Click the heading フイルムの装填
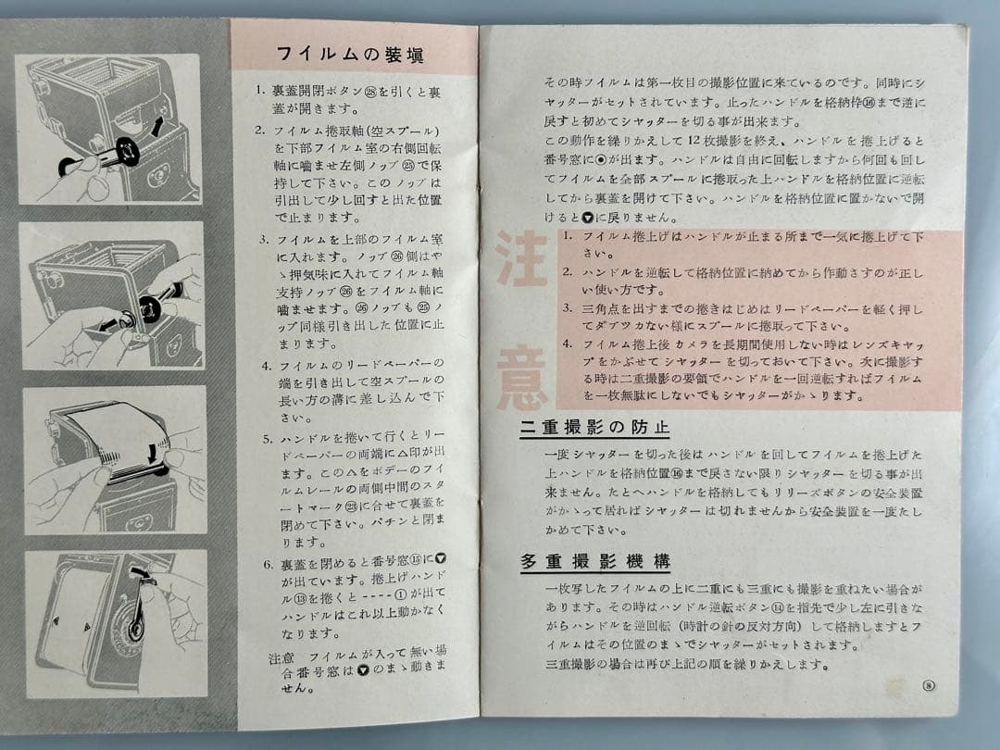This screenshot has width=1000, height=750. (351, 55)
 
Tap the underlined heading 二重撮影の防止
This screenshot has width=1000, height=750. (594, 428)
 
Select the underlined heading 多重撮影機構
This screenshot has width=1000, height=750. (594, 561)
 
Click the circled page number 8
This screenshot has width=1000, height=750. (928, 686)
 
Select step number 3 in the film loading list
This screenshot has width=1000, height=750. (262, 239)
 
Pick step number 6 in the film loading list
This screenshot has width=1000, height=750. (266, 564)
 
